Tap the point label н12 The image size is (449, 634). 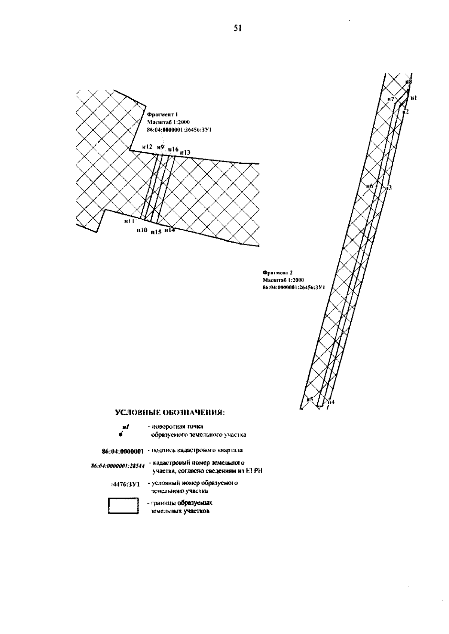pyautogui.click(x=147, y=147)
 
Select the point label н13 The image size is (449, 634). pyautogui.click(x=185, y=153)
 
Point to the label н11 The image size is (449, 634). pyautogui.click(x=129, y=221)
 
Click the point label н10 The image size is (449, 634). pyautogui.click(x=141, y=230)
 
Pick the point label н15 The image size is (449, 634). pyautogui.click(x=156, y=232)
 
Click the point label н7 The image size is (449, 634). pyautogui.click(x=391, y=99)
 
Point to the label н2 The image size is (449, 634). pyautogui.click(x=406, y=111)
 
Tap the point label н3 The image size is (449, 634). pyautogui.click(x=388, y=188)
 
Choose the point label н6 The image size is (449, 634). pyautogui.click(x=370, y=186)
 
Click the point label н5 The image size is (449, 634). pyautogui.click(x=309, y=399)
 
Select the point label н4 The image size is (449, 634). pyautogui.click(x=331, y=403)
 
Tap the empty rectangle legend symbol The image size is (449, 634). pyautogui.click(x=123, y=507)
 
